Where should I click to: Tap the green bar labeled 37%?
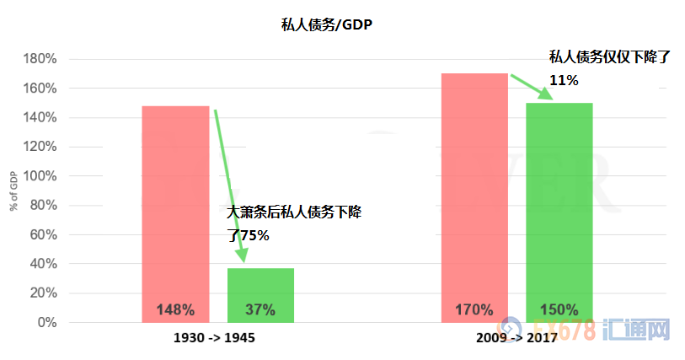260,291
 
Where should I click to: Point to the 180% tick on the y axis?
40,60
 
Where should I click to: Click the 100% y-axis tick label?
40,176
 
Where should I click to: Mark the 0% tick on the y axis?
46,323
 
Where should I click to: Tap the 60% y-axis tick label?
43,235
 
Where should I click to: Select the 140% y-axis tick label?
40,118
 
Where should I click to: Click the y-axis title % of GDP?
14,191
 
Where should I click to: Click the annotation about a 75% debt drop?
295,223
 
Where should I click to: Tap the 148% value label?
175,309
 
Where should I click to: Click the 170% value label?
474,309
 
